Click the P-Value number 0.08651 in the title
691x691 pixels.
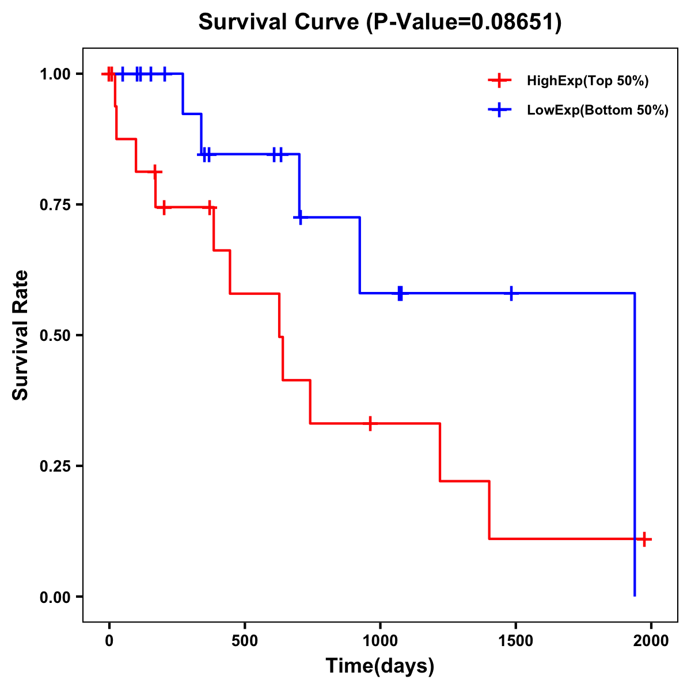514,22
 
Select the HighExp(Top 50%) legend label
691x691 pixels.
587,81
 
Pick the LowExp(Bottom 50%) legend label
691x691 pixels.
598,111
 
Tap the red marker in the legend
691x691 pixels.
499,81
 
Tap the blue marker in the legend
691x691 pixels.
499,110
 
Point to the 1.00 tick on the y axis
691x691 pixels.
55,74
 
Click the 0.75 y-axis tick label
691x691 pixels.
55,204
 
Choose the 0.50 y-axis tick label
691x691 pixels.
55,335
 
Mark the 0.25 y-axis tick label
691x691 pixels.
55,466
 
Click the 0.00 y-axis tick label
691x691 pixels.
55,597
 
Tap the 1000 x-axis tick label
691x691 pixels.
380,641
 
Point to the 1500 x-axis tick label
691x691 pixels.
515,641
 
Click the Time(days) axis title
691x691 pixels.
380,666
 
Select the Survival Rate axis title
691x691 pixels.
21,335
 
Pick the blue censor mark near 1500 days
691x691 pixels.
511,293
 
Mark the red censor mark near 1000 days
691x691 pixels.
370,423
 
